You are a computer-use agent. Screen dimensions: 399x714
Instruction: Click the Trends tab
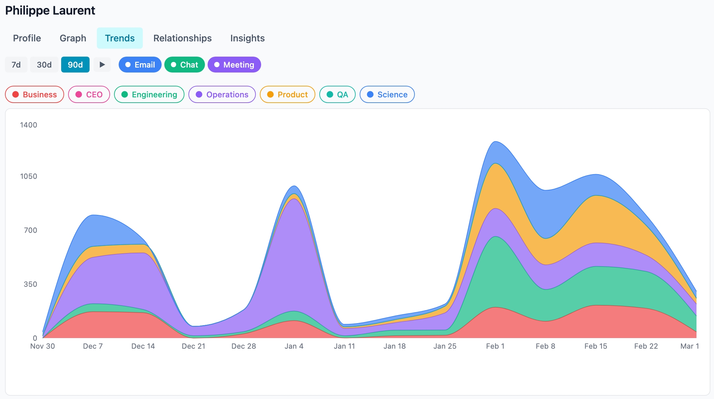[x=120, y=38]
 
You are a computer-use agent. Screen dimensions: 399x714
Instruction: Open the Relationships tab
[x=182, y=38]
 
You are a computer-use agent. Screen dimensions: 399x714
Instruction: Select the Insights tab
[x=247, y=38]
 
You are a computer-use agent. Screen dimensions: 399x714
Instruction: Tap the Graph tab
[x=73, y=38]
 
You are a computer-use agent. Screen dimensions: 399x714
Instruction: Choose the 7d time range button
[x=16, y=65]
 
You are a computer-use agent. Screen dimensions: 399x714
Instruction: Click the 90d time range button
[x=75, y=65]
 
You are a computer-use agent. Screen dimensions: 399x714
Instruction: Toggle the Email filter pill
[x=140, y=65]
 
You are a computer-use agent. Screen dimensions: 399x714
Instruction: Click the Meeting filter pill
[x=234, y=65]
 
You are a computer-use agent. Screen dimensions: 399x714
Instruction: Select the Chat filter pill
[x=184, y=65]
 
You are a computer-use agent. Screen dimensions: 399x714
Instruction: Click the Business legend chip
[x=34, y=94]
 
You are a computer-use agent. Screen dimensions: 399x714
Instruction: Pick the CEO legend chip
[x=89, y=94]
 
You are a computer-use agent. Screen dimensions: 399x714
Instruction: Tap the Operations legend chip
[x=222, y=94]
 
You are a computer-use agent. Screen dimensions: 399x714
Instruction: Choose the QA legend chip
[x=337, y=94]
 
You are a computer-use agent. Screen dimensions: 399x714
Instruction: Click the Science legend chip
[x=387, y=94]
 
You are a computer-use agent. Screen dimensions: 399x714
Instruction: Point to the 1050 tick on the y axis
[x=28, y=176]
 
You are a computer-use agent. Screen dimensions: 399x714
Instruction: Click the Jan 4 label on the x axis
[x=294, y=346]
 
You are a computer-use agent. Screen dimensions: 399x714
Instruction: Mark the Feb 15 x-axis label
[x=595, y=346]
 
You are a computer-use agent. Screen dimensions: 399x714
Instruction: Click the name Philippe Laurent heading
[x=50, y=11]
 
